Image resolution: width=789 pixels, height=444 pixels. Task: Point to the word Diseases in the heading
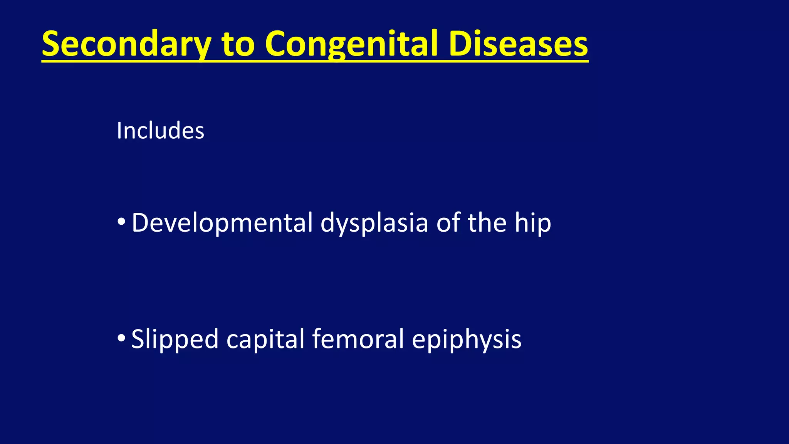tap(518, 44)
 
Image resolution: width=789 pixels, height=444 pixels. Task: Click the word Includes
tap(160, 131)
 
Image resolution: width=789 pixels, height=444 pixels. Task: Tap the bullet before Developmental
tap(121, 222)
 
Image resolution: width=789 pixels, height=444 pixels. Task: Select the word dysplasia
tap(374, 224)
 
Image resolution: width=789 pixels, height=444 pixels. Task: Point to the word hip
tap(533, 224)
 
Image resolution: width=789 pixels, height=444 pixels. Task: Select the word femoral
tap(358, 339)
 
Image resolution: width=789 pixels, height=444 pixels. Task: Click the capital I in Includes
tap(119, 131)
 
